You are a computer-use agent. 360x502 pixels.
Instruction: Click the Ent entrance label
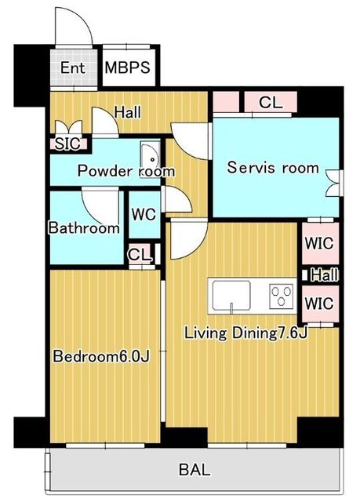click(73, 68)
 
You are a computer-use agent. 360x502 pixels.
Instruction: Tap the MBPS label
click(127, 67)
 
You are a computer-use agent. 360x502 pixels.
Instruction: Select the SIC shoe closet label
click(67, 144)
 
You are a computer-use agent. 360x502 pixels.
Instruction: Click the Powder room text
click(126, 171)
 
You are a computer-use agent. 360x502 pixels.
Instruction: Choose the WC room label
click(144, 214)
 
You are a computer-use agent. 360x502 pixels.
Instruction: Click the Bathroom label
click(84, 227)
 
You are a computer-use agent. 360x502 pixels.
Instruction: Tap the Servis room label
click(273, 167)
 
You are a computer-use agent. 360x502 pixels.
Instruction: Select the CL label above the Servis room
click(271, 102)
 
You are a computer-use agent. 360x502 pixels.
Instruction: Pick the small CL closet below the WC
click(140, 254)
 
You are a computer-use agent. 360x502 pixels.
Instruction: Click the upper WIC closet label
click(319, 243)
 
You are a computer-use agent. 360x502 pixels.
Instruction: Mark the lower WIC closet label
click(319, 303)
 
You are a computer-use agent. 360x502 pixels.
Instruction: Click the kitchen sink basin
click(231, 296)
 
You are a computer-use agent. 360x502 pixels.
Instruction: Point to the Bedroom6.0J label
click(101, 356)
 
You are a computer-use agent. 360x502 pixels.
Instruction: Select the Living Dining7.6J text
click(245, 333)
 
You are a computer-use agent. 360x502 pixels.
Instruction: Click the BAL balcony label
click(195, 470)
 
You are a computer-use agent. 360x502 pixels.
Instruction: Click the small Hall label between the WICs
click(325, 275)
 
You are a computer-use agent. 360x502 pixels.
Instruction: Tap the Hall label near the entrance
click(128, 112)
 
